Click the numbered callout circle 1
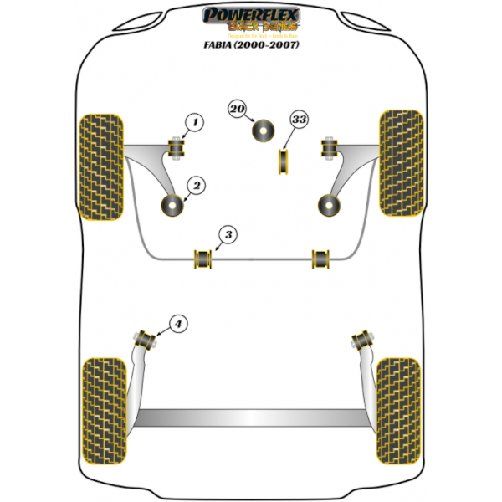193,124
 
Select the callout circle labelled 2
194,185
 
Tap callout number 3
226,235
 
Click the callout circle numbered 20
238,109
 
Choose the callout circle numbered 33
299,120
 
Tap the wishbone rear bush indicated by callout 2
174,204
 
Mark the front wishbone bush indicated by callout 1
177,149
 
